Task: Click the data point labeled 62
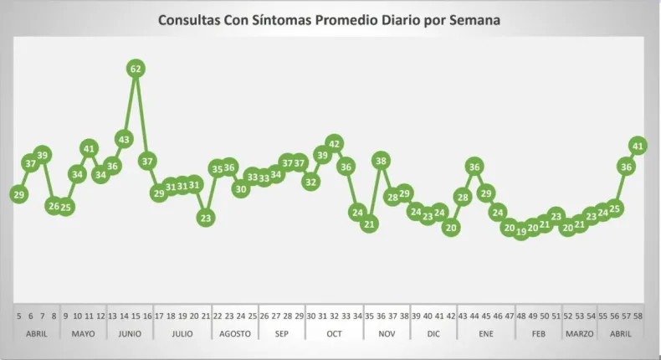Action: click(x=136, y=69)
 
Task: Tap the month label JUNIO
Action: click(x=130, y=333)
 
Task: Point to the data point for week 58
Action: click(x=638, y=146)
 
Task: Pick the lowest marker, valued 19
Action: click(x=521, y=231)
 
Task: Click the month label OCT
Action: click(x=334, y=333)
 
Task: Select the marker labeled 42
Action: click(x=335, y=144)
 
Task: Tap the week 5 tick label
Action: click(x=18, y=316)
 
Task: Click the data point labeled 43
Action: click(x=124, y=139)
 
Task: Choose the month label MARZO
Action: click(x=579, y=333)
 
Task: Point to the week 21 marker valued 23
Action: click(x=206, y=217)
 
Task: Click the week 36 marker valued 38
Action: click(x=381, y=161)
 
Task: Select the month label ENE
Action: click(x=486, y=333)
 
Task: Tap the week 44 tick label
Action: click(x=474, y=316)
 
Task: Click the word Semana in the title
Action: click(x=472, y=19)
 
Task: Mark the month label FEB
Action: click(x=539, y=333)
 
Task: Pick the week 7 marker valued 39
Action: click(x=43, y=154)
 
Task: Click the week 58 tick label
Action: click(x=638, y=316)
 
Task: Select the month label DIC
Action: click(x=433, y=333)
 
